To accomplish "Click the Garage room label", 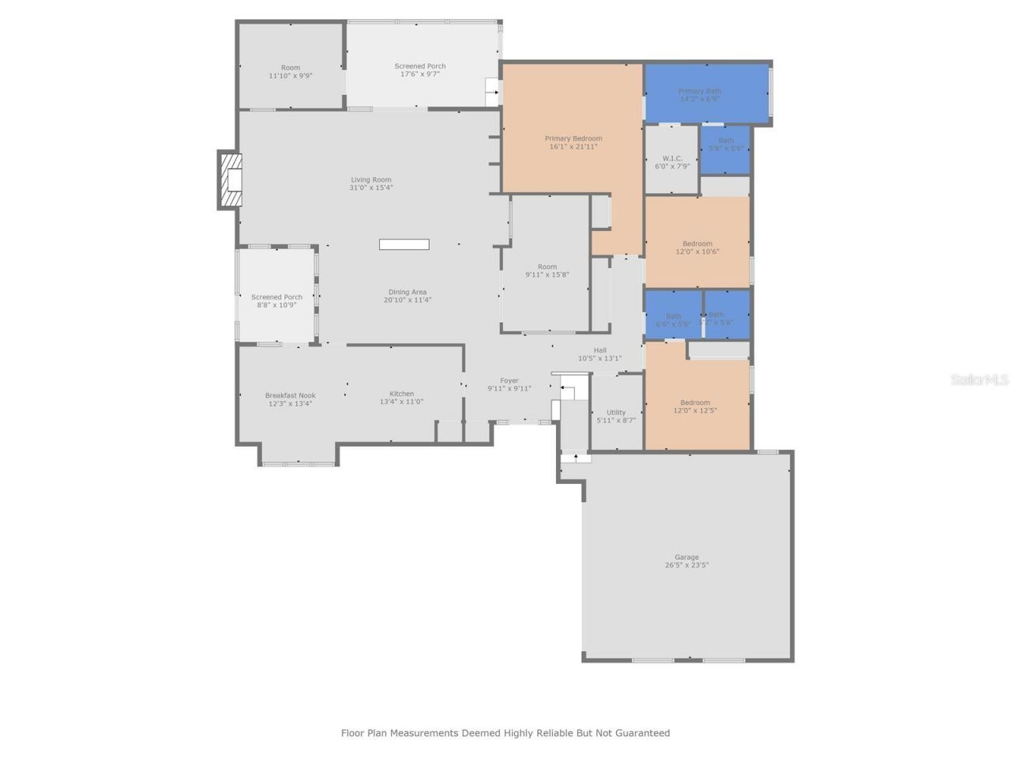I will (686, 557).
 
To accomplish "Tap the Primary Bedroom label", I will (573, 139).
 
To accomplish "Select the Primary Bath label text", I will (700, 91).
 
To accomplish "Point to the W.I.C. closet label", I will (672, 159).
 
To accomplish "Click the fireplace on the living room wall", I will (231, 180).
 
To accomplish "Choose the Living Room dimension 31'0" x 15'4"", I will (371, 188).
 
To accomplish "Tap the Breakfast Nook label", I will (290, 395).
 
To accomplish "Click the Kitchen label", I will (401, 394).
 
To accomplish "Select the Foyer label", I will (509, 381).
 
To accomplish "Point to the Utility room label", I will (616, 413).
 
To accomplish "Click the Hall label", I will (600, 350).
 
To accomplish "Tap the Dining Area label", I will (408, 293).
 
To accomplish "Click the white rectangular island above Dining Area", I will (404, 244).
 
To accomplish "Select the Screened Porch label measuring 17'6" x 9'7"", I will (420, 66).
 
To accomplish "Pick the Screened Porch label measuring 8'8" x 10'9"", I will (276, 297).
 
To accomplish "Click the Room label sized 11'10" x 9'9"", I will (291, 68).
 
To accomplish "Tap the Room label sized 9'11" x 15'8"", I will (547, 267).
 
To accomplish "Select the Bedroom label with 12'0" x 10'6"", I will (697, 244).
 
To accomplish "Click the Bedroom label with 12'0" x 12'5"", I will (695, 402).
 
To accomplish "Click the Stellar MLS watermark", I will (979, 380).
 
